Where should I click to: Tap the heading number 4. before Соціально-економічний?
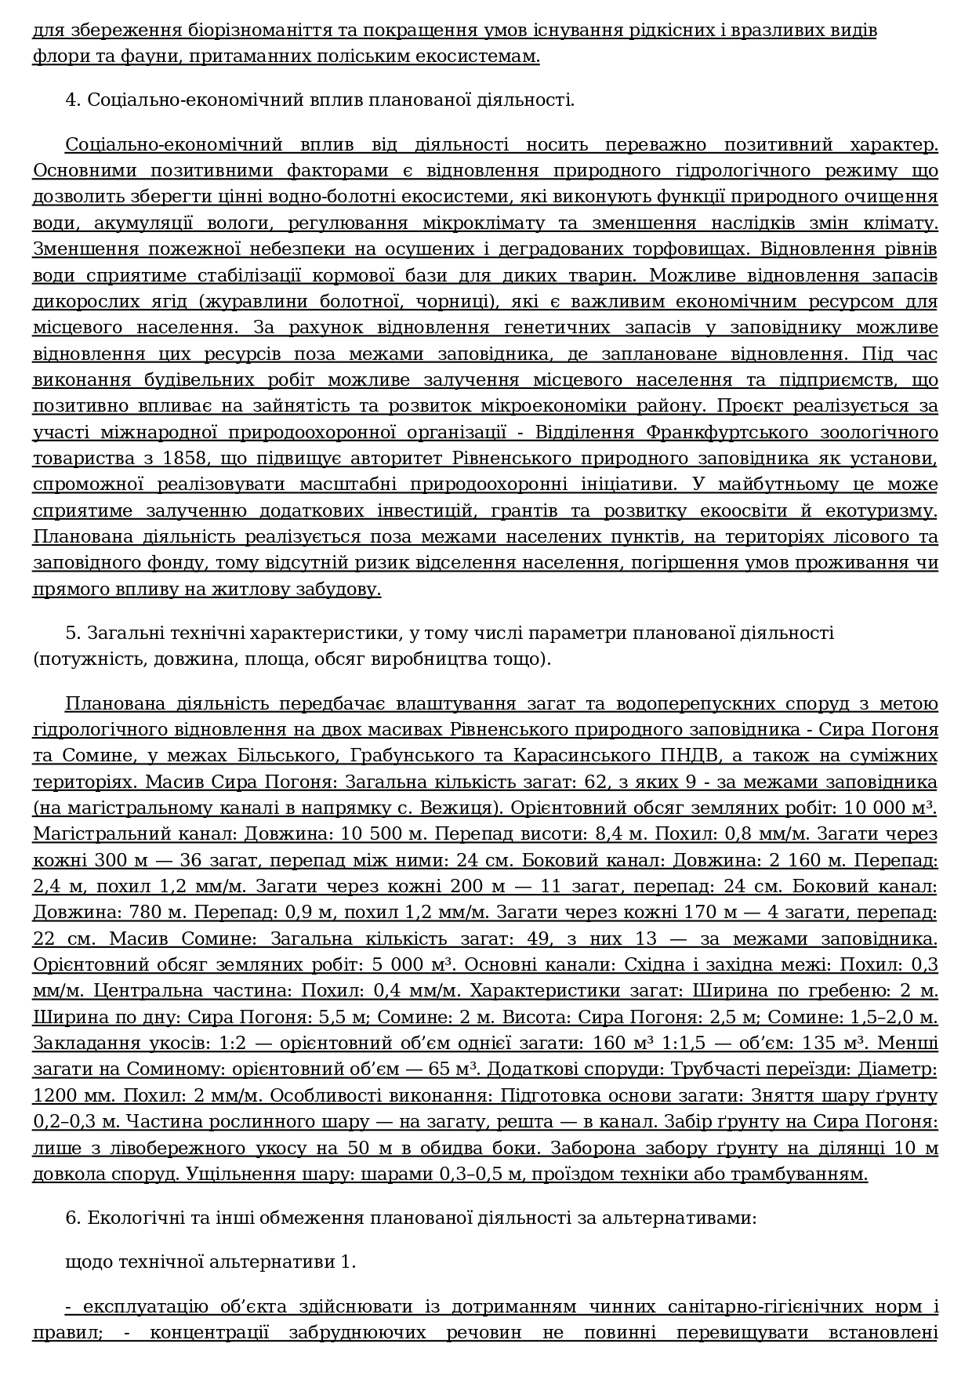[x=74, y=100]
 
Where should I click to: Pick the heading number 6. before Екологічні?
[x=74, y=1218]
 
